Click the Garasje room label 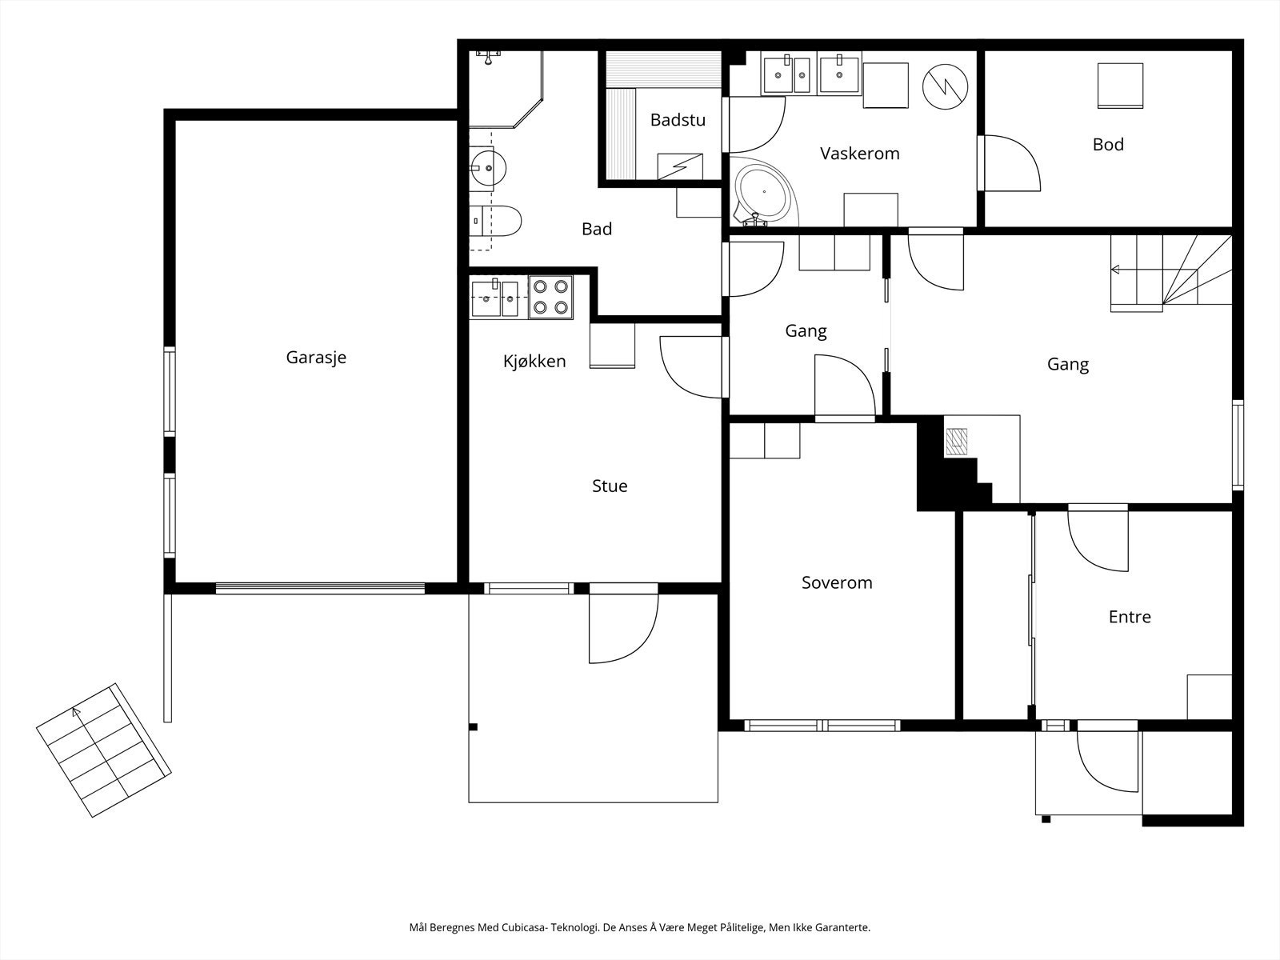316,358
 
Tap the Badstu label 678,119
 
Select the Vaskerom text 859,154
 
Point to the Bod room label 1108,144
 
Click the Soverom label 837,582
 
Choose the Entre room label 1130,617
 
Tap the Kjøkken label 534,362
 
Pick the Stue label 610,486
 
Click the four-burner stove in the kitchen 551,297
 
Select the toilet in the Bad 495,221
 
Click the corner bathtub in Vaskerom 763,190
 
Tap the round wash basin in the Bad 487,168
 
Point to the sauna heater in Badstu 680,166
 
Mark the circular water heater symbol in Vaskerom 946,87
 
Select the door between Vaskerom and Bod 1010,163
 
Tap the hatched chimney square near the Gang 956,442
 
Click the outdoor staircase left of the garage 104,750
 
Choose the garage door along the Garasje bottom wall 320,588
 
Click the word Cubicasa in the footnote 521,927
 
